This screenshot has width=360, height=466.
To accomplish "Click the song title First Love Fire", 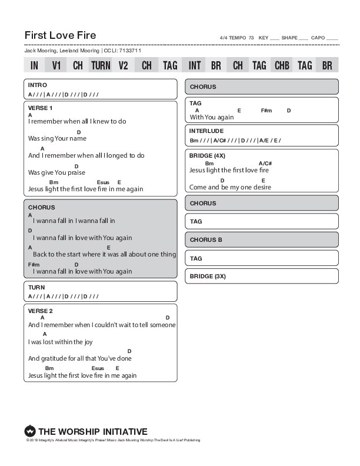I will (x=61, y=35).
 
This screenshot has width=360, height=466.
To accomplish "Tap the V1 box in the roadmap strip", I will (x=56, y=65).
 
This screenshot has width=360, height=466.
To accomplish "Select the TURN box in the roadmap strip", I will (x=101, y=65).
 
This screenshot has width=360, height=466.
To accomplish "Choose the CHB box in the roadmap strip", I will (x=282, y=65).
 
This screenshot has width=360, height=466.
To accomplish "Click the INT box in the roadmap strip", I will (x=192, y=65).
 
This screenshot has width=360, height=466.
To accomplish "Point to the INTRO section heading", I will (x=38, y=86).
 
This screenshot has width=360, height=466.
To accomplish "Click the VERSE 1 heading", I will (x=41, y=108).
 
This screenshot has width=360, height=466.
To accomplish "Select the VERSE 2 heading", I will (x=41, y=311).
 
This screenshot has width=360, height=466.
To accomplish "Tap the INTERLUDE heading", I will (x=206, y=131).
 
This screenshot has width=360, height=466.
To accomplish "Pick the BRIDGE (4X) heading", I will (x=206, y=156).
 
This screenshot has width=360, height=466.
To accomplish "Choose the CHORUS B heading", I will (x=206, y=240).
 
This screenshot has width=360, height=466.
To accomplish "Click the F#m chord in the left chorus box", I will (x=34, y=265).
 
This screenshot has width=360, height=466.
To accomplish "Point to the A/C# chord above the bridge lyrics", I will (x=265, y=164).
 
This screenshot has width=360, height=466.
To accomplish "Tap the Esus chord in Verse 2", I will (x=98, y=368).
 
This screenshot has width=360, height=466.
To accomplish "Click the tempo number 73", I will (x=251, y=38).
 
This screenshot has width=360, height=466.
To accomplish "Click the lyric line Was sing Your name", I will (x=57, y=139).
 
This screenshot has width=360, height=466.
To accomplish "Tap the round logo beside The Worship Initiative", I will (x=30, y=431).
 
